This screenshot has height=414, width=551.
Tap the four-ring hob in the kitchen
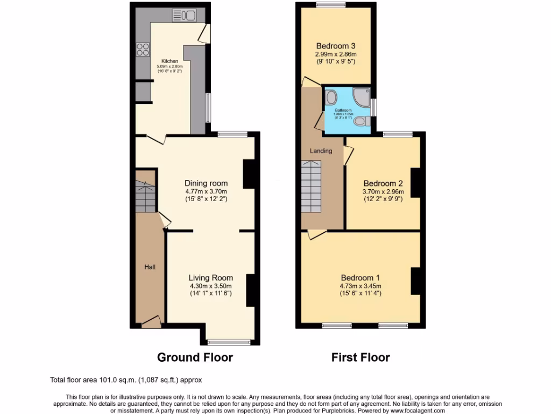click(x=143, y=50)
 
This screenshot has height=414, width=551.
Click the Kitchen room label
click(x=170, y=61)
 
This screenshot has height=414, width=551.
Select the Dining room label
click(x=206, y=183)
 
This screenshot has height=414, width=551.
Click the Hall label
click(x=150, y=267)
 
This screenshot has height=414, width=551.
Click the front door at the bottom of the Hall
click(x=151, y=322)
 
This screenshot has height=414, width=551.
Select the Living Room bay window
click(x=229, y=342)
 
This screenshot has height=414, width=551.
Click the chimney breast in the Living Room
click(x=250, y=291)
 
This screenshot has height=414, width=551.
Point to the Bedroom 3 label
click(x=336, y=46)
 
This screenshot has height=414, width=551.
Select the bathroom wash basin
click(x=330, y=98)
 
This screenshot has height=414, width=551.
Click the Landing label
click(x=321, y=151)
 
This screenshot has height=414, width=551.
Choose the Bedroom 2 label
click(x=383, y=183)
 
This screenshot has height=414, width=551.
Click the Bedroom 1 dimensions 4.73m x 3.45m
click(x=361, y=286)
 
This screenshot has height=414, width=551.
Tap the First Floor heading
click(x=361, y=357)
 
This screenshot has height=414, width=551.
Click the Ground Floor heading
click(x=195, y=357)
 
